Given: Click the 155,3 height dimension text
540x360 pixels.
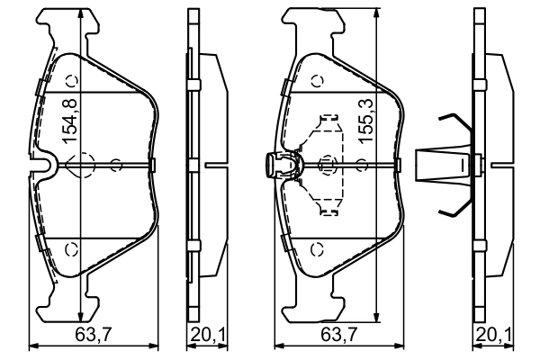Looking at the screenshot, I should pos(365,122).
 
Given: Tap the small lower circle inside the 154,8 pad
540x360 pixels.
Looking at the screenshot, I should pos(75,249).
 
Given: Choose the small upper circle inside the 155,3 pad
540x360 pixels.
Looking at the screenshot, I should pos(316,81).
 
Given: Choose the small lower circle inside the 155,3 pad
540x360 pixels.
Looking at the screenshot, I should pos(316,249).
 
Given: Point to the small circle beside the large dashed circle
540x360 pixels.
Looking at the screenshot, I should pos(116,165).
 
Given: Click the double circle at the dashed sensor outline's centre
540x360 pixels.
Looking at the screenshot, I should pos(326,165).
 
